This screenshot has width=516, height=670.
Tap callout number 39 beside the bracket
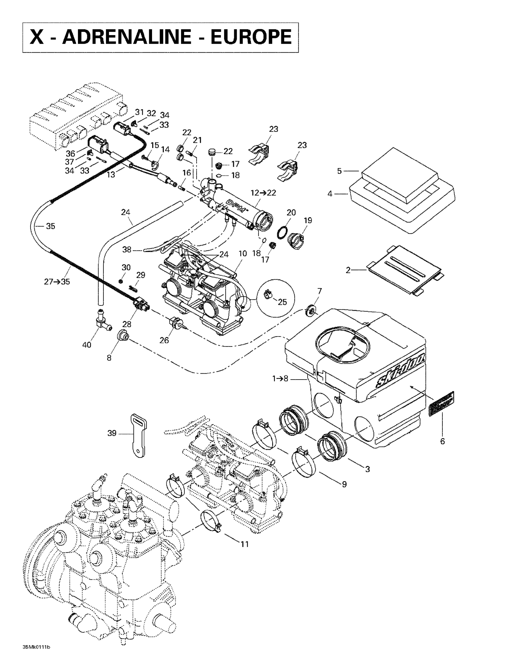pyautogui.click(x=112, y=433)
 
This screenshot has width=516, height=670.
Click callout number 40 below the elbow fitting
pyautogui.click(x=87, y=345)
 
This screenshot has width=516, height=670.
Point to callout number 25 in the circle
pyautogui.click(x=282, y=302)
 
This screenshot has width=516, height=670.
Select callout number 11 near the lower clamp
pyautogui.click(x=244, y=544)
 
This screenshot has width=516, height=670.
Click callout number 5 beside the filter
pyautogui.click(x=339, y=171)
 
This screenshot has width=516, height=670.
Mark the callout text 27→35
pyautogui.click(x=57, y=282)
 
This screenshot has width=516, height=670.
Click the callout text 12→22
pyautogui.click(x=263, y=193)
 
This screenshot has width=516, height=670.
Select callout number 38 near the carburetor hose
pyautogui.click(x=127, y=250)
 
